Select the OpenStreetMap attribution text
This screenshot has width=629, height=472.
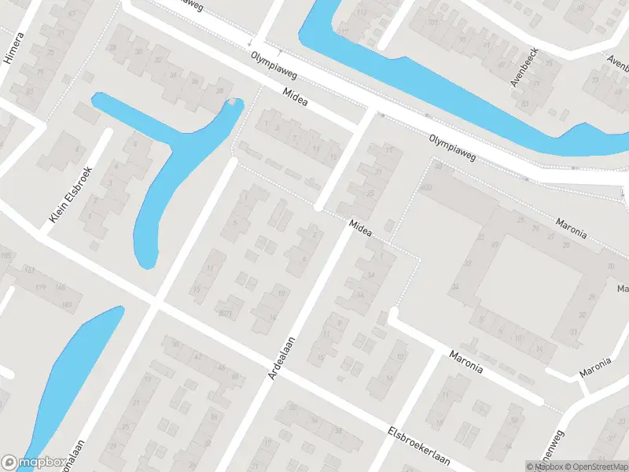594,466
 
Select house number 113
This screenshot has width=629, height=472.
362,13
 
